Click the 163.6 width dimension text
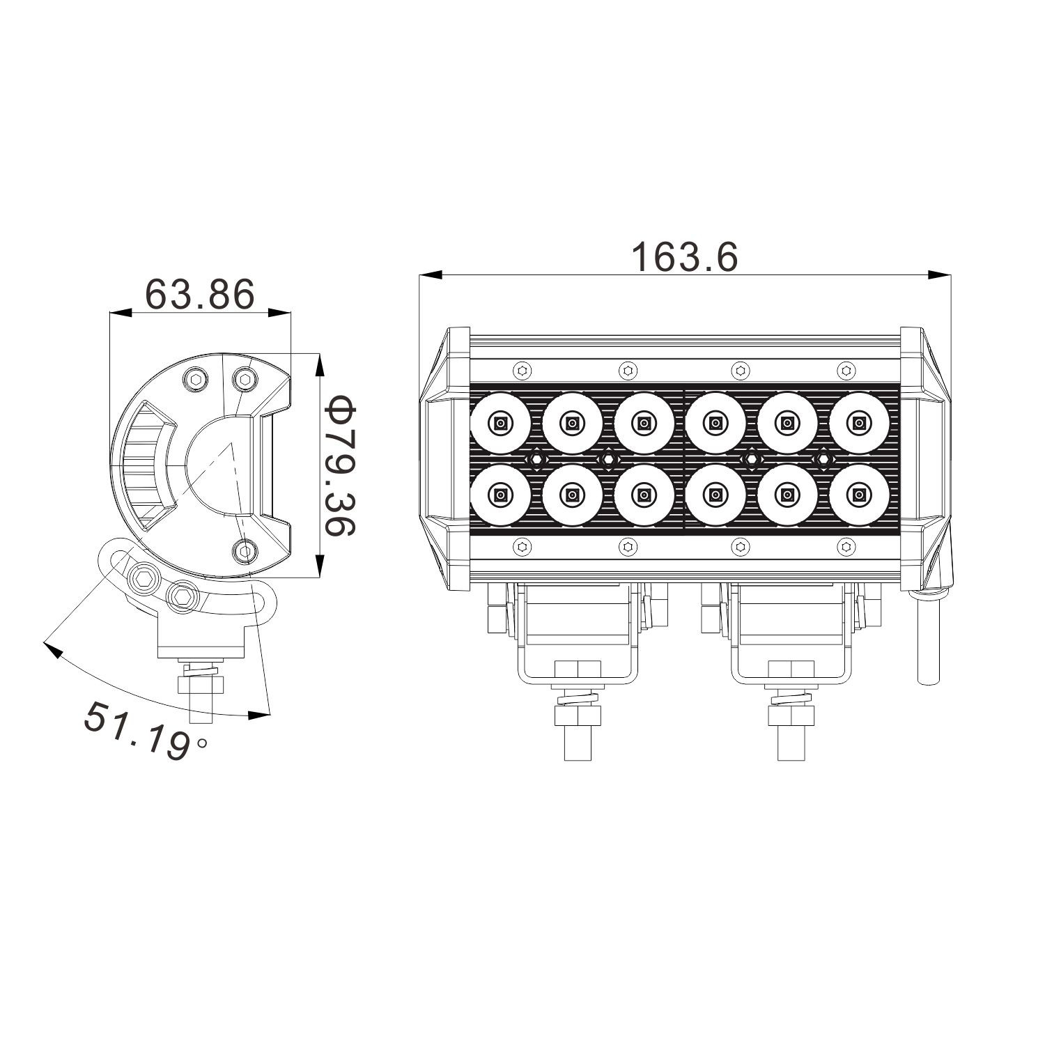point(683,258)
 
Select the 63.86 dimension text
point(200,295)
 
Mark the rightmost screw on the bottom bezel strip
point(846,548)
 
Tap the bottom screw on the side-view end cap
point(244,550)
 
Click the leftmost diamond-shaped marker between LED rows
point(536,458)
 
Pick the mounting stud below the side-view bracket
point(200,693)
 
